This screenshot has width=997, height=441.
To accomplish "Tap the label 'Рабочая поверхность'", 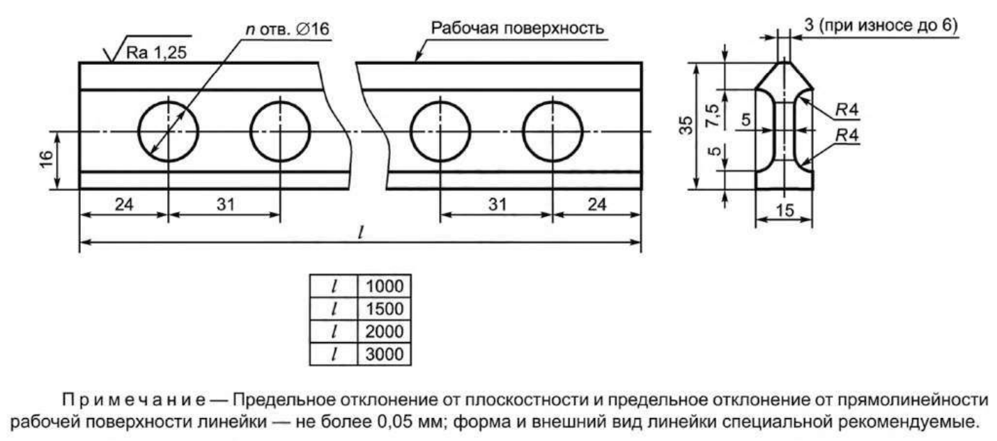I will click(517, 29).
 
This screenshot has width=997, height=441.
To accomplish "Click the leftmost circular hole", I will click(168, 130).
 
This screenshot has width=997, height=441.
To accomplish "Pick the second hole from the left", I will click(280, 130).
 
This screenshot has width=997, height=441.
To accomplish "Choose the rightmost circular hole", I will click(553, 130).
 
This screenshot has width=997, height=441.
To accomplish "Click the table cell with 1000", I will click(384, 286).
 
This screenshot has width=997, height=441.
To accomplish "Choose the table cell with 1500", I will click(384, 309).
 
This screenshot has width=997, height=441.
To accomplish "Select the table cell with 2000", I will click(384, 331).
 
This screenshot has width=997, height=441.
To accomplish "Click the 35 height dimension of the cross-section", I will click(687, 125).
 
